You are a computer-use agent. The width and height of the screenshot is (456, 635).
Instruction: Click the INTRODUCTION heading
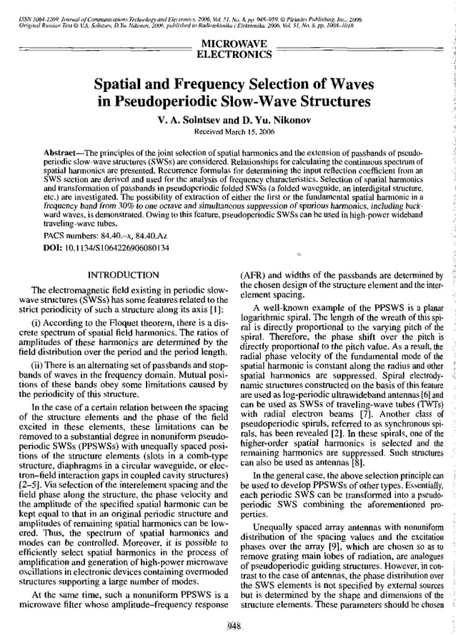click(x=122, y=274)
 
